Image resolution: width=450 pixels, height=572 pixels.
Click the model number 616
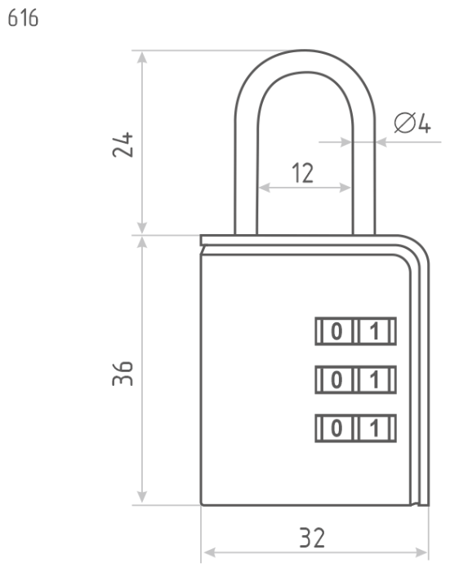point(23,18)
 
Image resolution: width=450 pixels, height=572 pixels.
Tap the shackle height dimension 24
point(123,144)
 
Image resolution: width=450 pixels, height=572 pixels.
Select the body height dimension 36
point(123,373)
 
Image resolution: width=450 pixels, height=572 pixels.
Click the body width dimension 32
point(312,538)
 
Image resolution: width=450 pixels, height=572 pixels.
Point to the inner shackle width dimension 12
point(303,173)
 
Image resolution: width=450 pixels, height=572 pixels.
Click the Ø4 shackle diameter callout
point(412,123)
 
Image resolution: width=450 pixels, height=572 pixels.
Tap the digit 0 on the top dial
point(336,331)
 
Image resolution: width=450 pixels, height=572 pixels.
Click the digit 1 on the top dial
point(374,331)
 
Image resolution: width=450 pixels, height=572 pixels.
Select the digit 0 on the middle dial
point(336,379)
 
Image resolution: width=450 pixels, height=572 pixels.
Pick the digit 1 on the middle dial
point(374,379)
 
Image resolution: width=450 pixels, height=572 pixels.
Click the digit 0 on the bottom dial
point(336,428)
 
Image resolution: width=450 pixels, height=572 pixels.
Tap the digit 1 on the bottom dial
point(374,428)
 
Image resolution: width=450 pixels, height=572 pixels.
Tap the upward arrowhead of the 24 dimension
point(142,58)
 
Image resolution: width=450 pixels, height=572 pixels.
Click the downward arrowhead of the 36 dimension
point(142,497)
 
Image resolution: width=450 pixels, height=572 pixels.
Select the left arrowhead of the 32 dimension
point(210,552)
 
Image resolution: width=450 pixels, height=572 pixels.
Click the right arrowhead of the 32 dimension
point(421,552)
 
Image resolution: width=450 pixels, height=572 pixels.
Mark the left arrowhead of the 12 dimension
point(264,188)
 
